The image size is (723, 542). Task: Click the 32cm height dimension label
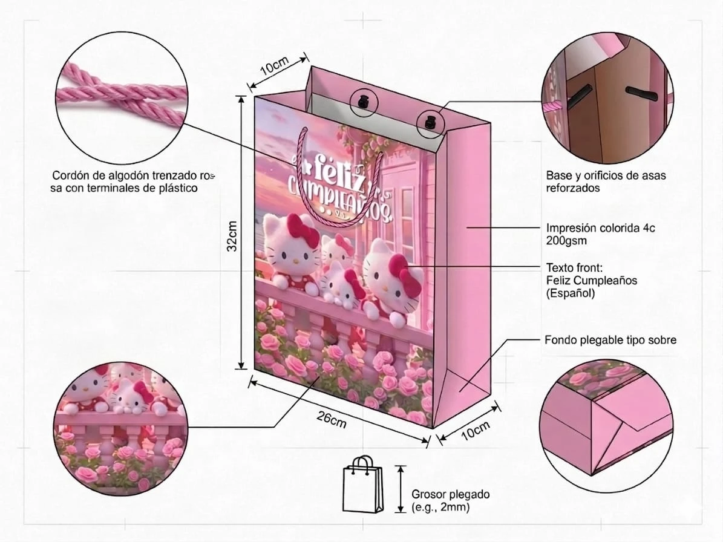(x=232, y=235)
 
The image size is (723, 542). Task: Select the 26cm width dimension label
(x=332, y=419)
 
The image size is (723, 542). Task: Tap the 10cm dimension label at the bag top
(x=274, y=66)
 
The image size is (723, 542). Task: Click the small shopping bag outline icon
(x=363, y=485)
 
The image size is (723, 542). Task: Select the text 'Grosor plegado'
(x=451, y=495)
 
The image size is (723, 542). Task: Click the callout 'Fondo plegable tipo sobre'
(x=610, y=340)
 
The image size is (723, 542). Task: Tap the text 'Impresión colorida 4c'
(x=600, y=227)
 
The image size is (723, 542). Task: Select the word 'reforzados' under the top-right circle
(x=573, y=188)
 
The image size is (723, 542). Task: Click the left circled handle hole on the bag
(x=364, y=102)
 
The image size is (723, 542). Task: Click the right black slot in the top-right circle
(x=641, y=93)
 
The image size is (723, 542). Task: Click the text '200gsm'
(x=566, y=241)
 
